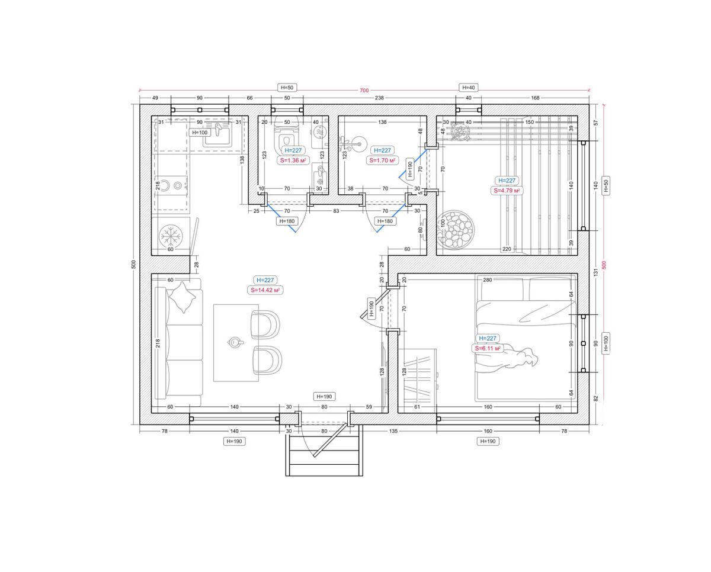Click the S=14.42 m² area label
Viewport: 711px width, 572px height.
[265, 290]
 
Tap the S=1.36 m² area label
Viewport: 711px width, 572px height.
[293, 160]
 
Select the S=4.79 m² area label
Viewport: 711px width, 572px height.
[507, 191]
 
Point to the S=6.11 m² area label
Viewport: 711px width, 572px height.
[487, 348]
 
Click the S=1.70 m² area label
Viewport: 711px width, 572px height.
[382, 160]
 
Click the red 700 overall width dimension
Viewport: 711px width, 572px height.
[364, 90]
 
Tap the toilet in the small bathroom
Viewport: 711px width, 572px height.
[286, 136]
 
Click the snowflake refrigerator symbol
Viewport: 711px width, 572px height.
[171, 236]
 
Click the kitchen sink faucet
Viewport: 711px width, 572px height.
[217, 129]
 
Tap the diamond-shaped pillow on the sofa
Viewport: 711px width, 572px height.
[182, 297]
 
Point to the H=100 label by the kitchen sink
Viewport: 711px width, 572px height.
[200, 133]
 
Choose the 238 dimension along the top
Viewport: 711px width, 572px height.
[379, 98]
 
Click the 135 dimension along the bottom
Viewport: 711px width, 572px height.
[393, 431]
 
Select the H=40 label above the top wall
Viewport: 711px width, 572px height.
[468, 88]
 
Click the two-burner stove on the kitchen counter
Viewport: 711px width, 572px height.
[171, 185]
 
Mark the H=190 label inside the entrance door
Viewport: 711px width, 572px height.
[324, 397]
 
